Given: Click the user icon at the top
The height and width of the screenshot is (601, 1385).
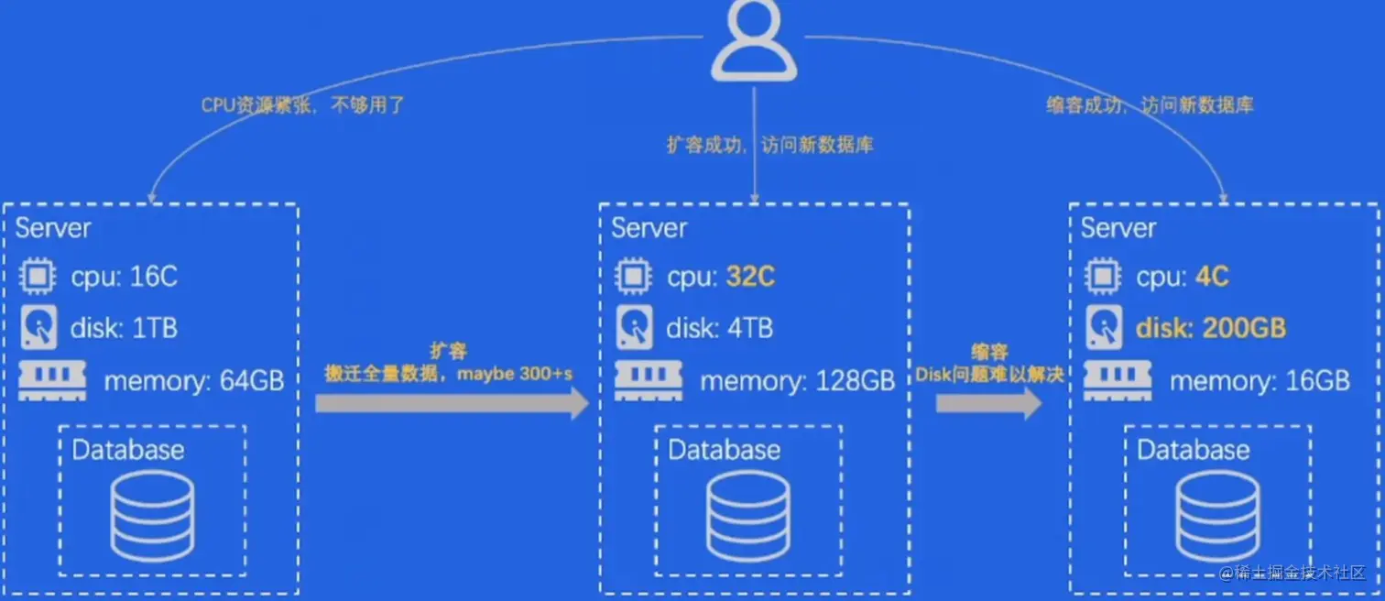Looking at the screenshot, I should click(x=754, y=40).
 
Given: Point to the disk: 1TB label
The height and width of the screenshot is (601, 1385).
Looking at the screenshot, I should click(x=124, y=328).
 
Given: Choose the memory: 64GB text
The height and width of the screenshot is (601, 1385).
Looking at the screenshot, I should click(x=194, y=381).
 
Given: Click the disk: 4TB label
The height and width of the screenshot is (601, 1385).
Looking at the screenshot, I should click(x=719, y=328).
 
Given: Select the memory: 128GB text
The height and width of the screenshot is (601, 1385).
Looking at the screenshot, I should click(x=797, y=381).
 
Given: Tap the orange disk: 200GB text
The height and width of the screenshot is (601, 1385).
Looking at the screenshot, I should click(x=1211, y=328).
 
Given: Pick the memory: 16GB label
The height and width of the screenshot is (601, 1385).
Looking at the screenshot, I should click(x=1260, y=381).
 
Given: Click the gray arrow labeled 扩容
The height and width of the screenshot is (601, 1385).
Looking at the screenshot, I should click(x=452, y=403).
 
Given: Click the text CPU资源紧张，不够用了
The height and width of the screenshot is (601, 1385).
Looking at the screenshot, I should click(x=302, y=105).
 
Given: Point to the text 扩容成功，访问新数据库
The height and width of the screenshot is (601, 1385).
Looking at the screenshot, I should click(x=769, y=145).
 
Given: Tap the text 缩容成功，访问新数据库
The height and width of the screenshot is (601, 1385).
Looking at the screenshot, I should click(x=1150, y=105).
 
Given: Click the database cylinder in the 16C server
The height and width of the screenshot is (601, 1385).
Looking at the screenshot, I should click(x=152, y=517).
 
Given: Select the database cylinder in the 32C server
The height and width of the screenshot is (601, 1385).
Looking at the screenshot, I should click(x=747, y=517).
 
